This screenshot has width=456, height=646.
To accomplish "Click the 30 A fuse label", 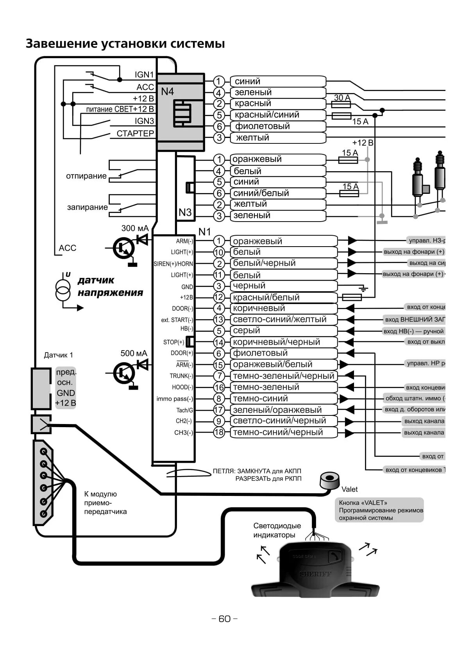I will [342, 97].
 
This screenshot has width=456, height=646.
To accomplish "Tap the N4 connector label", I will [167, 91].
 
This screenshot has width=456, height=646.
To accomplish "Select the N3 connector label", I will [185, 212].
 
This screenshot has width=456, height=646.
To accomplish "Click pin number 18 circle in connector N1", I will [219, 432].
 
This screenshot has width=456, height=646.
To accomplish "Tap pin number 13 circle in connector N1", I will [219, 320].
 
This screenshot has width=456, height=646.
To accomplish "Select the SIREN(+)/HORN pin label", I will [173, 264].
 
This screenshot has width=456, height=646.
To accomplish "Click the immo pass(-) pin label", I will [175, 399].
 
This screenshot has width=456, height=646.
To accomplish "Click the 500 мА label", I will [134, 353].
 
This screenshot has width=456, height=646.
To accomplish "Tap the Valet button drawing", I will [329, 480].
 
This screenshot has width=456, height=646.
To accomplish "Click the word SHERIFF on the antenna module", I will [315, 574].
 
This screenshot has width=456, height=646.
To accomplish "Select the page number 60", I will [224, 619].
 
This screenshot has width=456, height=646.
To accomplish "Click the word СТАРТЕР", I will [135, 134].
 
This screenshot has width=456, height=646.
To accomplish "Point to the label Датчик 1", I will [58, 355].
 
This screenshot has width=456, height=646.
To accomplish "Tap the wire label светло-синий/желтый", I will [279, 319].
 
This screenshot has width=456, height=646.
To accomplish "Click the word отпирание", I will [86, 176].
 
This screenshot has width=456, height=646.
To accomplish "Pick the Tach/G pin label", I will [184, 410].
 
